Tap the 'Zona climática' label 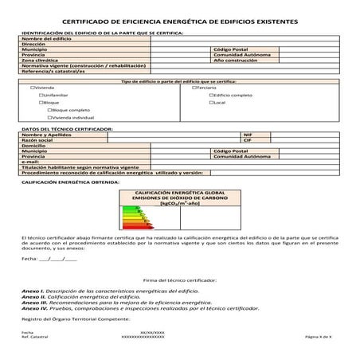(40, 60)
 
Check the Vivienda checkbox (32, 87)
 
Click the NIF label (247, 135)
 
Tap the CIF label (247, 140)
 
